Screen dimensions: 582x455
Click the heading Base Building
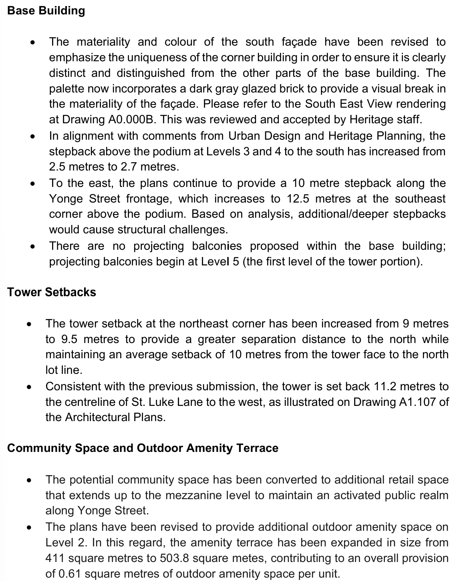click(46, 10)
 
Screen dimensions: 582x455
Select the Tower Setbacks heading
click(52, 292)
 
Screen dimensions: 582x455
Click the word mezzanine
click(193, 496)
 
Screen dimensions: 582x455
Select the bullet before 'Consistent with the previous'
click(29, 387)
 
